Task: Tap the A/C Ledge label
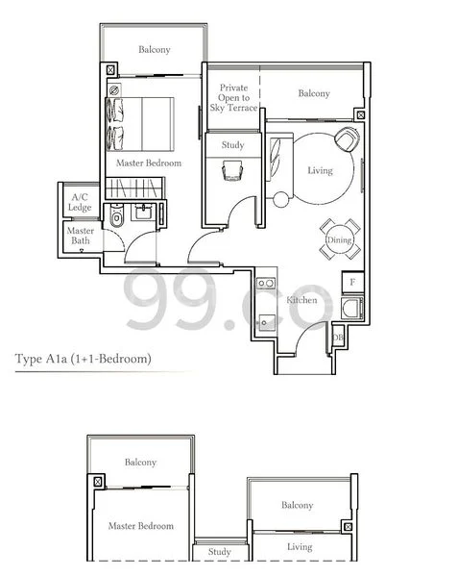[79, 202]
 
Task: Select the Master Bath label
[80, 236]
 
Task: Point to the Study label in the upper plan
[232, 145]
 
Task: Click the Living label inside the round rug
[319, 171]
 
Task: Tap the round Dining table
[340, 238]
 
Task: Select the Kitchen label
[301, 301]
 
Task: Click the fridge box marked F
[352, 283]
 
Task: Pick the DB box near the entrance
[337, 337]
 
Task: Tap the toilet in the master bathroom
[116, 219]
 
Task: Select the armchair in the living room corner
[345, 140]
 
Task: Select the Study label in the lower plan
[219, 552]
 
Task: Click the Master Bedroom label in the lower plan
[141, 526]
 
